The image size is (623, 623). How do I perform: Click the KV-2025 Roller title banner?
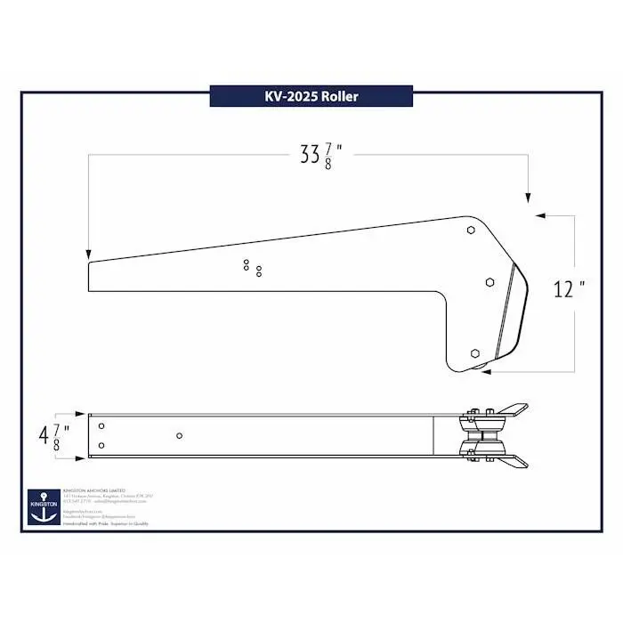tap(311, 96)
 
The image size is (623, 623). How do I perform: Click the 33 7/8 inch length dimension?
tap(321, 155)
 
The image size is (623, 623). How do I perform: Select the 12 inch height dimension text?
tap(568, 289)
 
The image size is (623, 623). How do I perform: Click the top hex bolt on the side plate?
tap(471, 230)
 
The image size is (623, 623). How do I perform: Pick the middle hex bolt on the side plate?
tap(489, 281)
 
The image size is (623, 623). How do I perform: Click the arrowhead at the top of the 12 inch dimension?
tap(538, 215)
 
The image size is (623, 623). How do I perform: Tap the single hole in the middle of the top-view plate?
tap(180, 435)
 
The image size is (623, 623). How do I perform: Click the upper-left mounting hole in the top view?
tap(101, 425)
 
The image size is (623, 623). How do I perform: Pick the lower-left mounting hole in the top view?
tap(101, 445)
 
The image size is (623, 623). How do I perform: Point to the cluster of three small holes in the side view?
tap(252, 267)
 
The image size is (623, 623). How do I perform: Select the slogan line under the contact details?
tap(106, 523)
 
